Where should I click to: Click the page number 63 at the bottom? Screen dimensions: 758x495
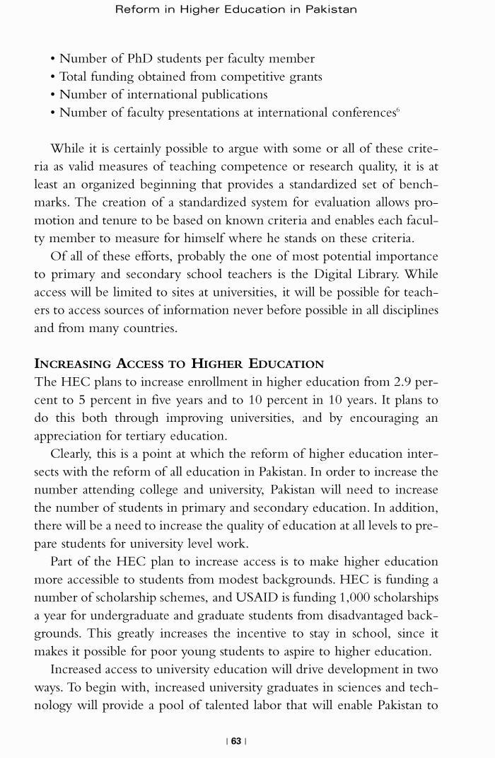tap(235, 741)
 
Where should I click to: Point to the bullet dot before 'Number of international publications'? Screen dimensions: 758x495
tap(53, 95)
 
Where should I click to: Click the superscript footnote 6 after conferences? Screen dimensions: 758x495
tap(399, 110)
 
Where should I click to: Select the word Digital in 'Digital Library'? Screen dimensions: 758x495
tap(344, 274)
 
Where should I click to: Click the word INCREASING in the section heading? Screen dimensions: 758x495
tap(73, 364)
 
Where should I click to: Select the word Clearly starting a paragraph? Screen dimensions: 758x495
tap(72, 454)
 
